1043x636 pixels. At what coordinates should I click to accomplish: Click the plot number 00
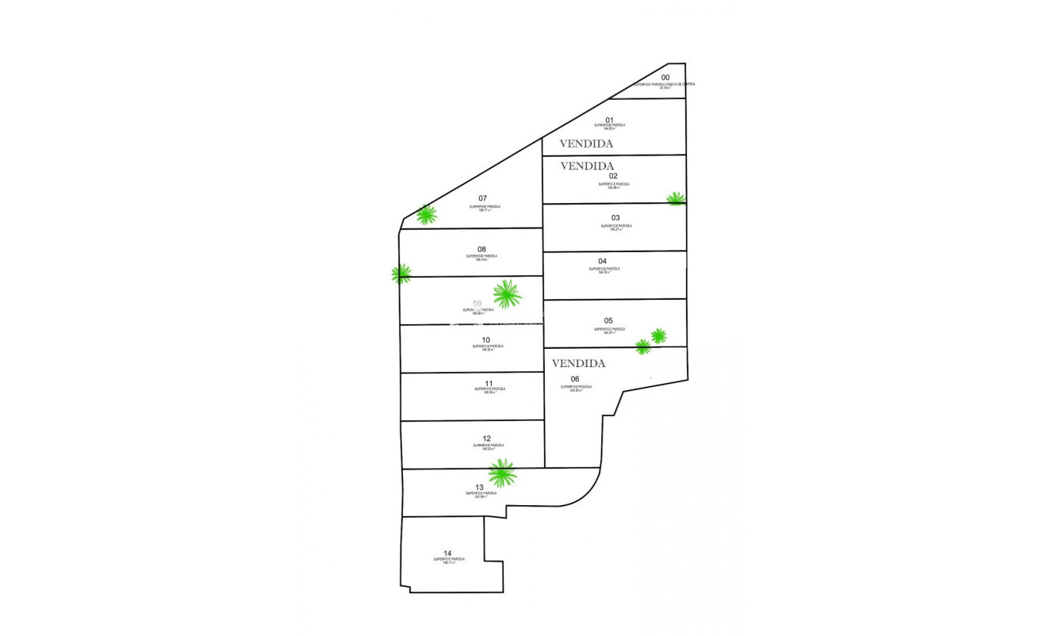click(665, 78)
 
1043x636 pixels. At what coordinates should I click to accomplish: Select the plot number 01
click(609, 120)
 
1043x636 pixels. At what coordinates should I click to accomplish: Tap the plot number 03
click(615, 218)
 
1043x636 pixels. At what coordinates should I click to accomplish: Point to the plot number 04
click(602, 261)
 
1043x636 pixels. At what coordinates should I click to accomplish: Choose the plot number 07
click(483, 198)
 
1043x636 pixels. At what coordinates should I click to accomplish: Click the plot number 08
click(481, 249)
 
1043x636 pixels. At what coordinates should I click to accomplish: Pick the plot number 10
click(485, 340)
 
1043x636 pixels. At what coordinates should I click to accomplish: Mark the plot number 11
click(489, 383)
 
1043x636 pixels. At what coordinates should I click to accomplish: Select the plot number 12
click(486, 439)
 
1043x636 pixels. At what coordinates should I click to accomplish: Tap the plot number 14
click(447, 553)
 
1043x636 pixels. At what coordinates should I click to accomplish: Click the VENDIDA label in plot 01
click(586, 144)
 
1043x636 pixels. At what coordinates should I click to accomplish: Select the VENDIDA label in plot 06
click(578, 364)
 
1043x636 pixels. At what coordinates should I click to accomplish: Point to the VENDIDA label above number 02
click(587, 167)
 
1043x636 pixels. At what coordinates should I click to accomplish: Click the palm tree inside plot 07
click(427, 214)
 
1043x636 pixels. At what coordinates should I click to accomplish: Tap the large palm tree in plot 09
click(506, 293)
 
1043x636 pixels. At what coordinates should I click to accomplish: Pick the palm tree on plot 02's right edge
click(676, 198)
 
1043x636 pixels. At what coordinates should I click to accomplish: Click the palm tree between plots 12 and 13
click(502, 473)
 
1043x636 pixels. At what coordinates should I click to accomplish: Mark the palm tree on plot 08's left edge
click(401, 274)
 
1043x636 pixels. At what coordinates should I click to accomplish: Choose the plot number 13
click(479, 488)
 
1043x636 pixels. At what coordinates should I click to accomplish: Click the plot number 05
click(608, 321)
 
